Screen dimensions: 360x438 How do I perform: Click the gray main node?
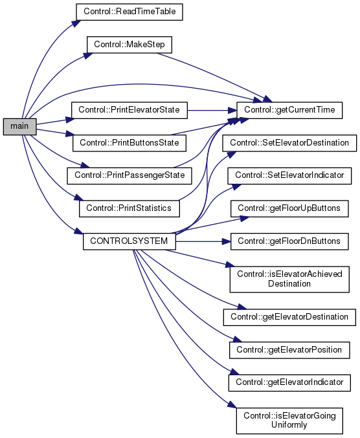click(20, 127)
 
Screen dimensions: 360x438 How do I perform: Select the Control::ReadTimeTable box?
click(129, 12)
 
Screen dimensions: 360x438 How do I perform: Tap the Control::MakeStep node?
click(129, 45)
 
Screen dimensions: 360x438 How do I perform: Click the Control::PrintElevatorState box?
click(129, 111)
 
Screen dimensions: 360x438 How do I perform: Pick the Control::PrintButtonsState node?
click(129, 143)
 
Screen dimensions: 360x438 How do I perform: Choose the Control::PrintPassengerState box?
click(129, 176)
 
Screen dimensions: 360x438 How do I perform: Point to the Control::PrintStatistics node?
click(129, 209)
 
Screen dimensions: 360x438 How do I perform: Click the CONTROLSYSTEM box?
click(129, 241)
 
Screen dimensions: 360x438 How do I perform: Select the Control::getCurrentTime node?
click(289, 111)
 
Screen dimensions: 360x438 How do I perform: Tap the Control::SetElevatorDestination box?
click(289, 143)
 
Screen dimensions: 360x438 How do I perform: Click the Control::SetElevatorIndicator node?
click(289, 176)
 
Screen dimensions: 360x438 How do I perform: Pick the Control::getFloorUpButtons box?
click(289, 209)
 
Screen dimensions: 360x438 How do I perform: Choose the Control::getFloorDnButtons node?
click(289, 241)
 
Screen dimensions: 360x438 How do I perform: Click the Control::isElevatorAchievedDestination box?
click(289, 279)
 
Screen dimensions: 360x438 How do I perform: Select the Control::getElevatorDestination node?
click(289, 317)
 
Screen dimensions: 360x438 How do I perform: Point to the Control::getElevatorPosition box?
click(289, 350)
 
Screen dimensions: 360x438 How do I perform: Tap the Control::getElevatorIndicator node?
click(289, 383)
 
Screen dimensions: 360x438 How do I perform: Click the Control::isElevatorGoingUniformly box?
click(289, 421)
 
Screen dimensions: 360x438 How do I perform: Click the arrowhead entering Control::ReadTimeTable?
click(76, 23)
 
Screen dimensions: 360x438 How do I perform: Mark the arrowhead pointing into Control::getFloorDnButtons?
click(226, 241)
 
